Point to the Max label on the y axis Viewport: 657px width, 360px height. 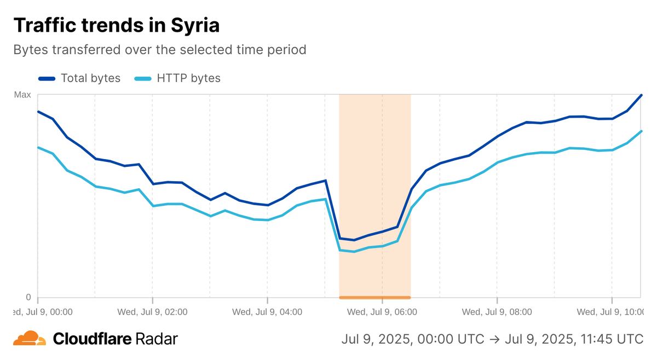pyautogui.click(x=22, y=95)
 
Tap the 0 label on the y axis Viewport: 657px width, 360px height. pyautogui.click(x=28, y=298)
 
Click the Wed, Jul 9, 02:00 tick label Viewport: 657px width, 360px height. pyautogui.click(x=153, y=312)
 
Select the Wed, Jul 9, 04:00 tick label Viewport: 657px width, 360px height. pyautogui.click(x=267, y=312)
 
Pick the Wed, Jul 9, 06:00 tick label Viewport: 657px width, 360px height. pyautogui.click(x=382, y=312)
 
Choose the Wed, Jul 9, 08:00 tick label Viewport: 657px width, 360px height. pyautogui.click(x=497, y=312)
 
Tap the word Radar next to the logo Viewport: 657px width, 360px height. pyautogui.click(x=157, y=339)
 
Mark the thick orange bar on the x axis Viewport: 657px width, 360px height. pyautogui.click(x=375, y=298)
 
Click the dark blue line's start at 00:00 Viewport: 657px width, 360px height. pyautogui.click(x=38, y=112)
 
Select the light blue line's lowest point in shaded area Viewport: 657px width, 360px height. pyautogui.click(x=354, y=252)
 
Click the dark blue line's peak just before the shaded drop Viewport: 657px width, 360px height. pyautogui.click(x=326, y=180)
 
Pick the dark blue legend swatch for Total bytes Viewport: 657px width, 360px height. pyautogui.click(x=47, y=78)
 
